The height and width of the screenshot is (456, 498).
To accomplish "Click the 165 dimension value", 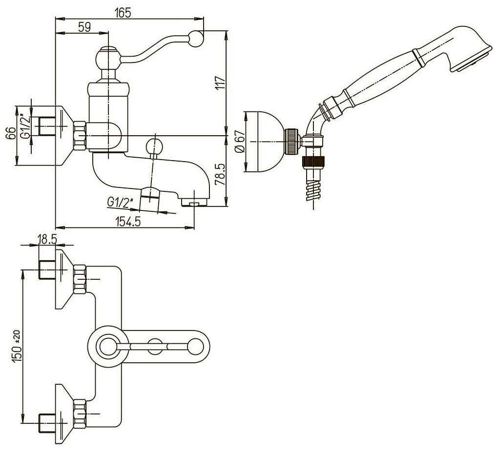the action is pos(123,13).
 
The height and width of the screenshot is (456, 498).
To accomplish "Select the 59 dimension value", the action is pos(84,27).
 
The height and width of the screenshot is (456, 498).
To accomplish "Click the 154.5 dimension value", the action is pos(128,221).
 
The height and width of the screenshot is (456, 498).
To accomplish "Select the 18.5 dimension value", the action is pos(47,239).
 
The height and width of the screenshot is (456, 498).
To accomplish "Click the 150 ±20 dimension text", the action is pos(17,346).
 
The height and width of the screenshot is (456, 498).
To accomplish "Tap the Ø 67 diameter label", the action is pos(241,141).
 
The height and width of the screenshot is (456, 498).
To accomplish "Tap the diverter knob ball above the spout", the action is pos(154,146).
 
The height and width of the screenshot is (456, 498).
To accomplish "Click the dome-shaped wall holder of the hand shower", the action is pos(264,142).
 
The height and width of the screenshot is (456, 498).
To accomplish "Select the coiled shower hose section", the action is pos(313,190).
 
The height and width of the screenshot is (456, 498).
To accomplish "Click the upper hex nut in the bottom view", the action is pos(80,279).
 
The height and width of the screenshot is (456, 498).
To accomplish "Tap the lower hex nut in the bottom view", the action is pos(80,414).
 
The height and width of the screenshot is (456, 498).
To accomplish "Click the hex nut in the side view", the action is pos(80,135).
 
